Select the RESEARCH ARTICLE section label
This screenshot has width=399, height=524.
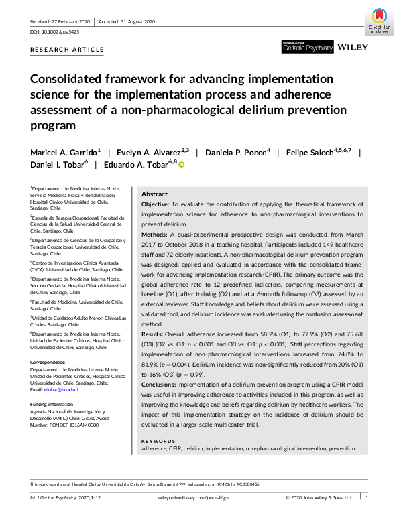click(x=67, y=50)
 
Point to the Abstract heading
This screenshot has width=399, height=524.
click(x=155, y=193)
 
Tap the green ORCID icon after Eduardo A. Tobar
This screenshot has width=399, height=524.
click(x=181, y=165)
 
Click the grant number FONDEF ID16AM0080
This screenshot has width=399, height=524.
click(x=67, y=425)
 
